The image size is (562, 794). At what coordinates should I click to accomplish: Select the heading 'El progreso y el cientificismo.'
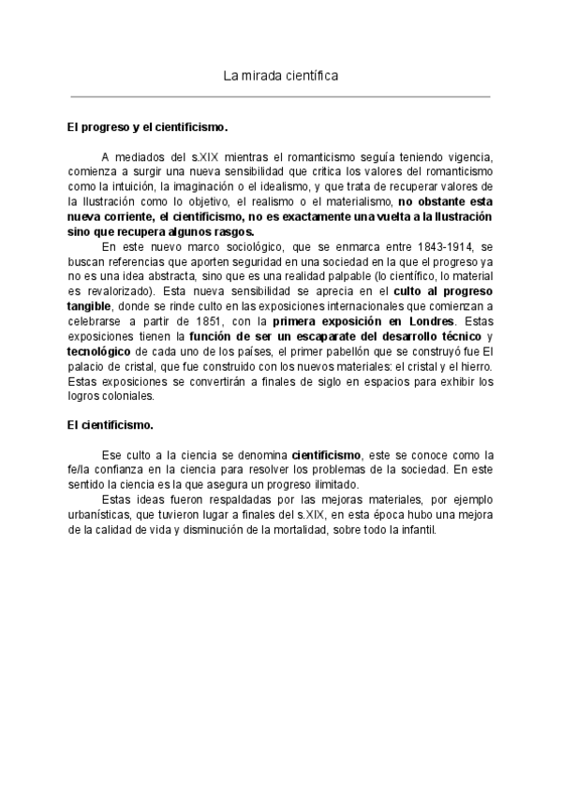click(x=147, y=125)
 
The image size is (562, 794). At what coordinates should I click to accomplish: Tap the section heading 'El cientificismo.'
click(x=111, y=425)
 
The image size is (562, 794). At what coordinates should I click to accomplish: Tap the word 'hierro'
click(x=473, y=368)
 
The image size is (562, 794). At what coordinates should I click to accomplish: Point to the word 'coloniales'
click(x=125, y=397)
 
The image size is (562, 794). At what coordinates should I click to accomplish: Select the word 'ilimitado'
click(x=331, y=486)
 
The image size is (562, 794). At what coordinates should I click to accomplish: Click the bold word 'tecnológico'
click(x=100, y=353)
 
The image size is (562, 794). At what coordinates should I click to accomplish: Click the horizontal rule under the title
click(x=280, y=96)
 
